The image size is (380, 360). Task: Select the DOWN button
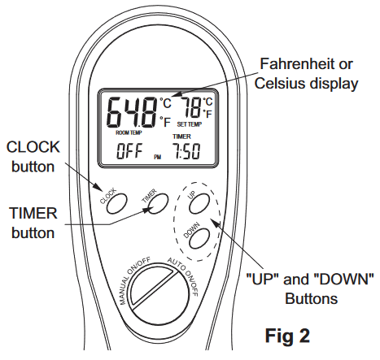[195, 236]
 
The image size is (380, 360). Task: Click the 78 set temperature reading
[193, 109]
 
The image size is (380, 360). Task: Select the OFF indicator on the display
[129, 151]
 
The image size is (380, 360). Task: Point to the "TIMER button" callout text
[32, 223]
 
